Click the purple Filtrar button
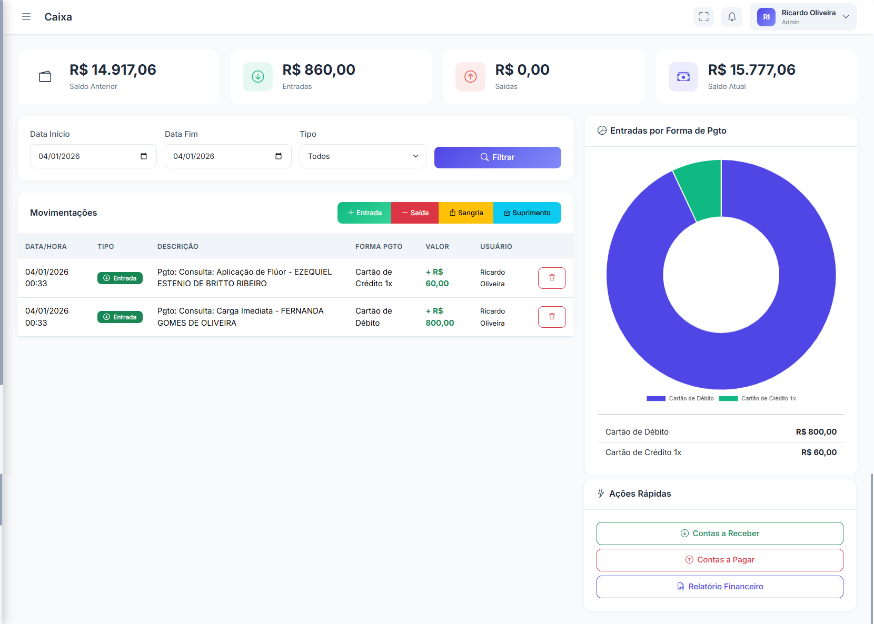point(497,157)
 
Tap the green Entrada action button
point(364,213)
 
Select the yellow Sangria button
point(466,213)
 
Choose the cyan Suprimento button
point(527,213)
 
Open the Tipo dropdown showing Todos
point(363,156)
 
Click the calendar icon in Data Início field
point(144,156)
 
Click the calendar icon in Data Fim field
point(279,156)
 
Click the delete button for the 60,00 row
point(552,278)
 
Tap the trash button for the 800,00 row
point(552,317)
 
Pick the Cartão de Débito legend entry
point(680,398)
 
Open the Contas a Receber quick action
point(719,534)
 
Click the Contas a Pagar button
point(719,560)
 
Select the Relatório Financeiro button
point(719,587)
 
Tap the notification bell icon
point(732,17)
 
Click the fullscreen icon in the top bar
point(703,17)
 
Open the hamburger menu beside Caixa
point(26,17)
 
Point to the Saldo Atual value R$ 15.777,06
point(751,70)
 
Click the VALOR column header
point(437,246)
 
